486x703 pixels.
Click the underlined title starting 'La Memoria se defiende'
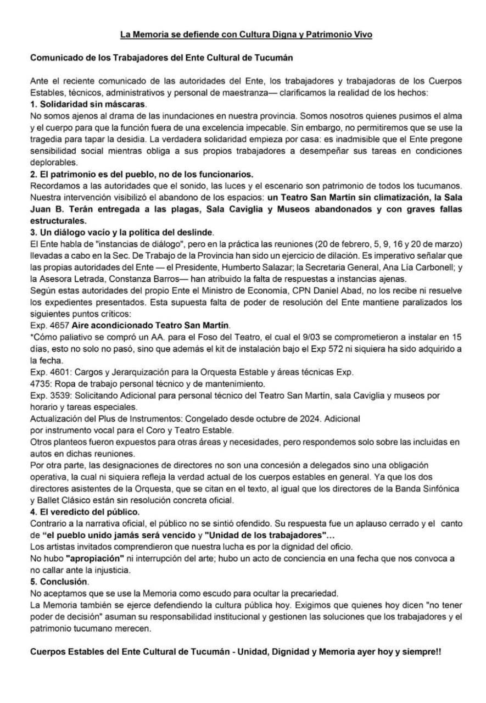tap(247, 35)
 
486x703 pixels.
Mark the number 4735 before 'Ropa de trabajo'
tap(40, 383)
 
